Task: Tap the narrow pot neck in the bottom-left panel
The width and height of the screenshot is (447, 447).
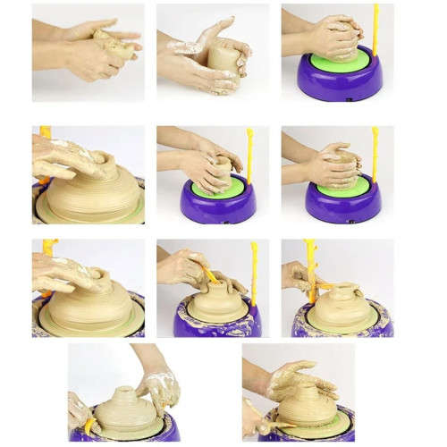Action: pos(125,393)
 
